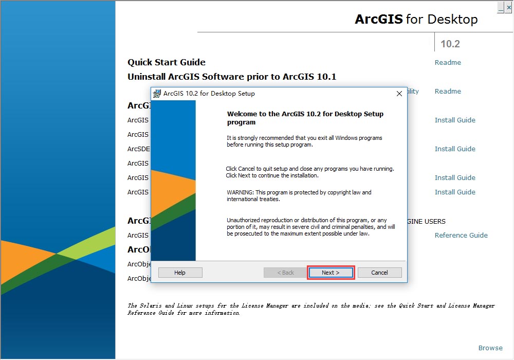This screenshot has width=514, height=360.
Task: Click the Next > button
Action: click(x=331, y=273)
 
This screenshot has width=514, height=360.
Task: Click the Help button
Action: click(x=180, y=273)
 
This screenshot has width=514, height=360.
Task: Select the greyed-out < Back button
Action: click(x=285, y=273)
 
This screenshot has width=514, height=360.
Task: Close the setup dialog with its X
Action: click(x=399, y=94)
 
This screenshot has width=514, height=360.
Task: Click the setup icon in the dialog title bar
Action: click(x=157, y=94)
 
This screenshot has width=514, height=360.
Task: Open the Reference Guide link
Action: click(x=461, y=235)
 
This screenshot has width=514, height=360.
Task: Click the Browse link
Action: click(x=490, y=348)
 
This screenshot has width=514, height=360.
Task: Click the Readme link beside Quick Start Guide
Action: click(x=448, y=62)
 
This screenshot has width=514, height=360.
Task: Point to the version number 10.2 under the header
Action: click(x=450, y=44)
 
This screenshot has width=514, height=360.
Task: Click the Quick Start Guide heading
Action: click(x=167, y=62)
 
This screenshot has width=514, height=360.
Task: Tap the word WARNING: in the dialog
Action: click(x=240, y=192)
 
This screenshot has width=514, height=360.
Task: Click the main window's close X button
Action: click(x=509, y=7)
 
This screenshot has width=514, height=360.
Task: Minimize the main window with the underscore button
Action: click(x=501, y=7)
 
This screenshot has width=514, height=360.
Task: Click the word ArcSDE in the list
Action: click(x=139, y=149)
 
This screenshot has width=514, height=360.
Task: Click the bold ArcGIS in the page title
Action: click(x=379, y=19)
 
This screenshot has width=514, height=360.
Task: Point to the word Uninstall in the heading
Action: click(x=146, y=77)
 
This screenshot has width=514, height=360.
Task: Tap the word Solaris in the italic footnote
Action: click(x=151, y=305)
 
